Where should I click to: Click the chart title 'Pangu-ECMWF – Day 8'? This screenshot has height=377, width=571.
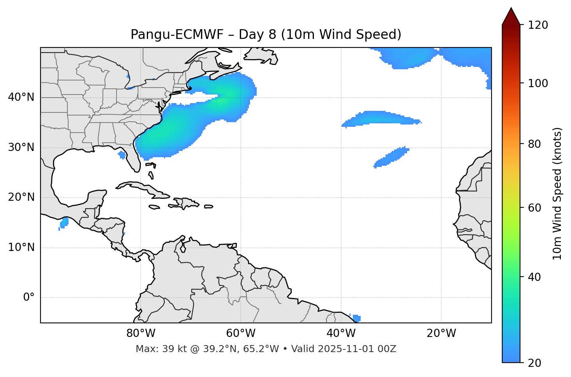pos(266,35)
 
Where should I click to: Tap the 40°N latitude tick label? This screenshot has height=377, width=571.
pos(21,97)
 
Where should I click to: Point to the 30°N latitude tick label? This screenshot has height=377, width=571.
pos(21,147)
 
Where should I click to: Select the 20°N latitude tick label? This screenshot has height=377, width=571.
pos(21,197)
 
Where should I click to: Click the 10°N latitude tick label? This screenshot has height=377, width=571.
pos(21,247)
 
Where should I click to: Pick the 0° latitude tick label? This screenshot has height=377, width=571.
pos(29,298)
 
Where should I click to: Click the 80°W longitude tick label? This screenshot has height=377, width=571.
pos(141,333)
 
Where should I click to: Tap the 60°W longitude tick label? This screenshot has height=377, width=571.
pos(241,333)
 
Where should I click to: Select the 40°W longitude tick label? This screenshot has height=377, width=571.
pos(341,333)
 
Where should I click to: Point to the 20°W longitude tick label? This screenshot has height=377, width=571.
pos(441,333)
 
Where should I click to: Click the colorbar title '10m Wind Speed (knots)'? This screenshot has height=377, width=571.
pos(557,193)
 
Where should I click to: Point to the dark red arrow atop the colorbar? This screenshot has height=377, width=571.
pos(511,17)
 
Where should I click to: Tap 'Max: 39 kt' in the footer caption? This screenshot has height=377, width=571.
pos(153,349)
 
